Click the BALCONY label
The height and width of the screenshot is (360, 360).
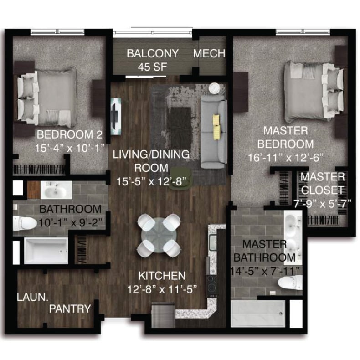(152, 53)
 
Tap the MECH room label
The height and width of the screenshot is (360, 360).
(209, 53)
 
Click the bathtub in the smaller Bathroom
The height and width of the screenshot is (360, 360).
(46, 250)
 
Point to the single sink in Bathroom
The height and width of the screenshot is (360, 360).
(56, 190)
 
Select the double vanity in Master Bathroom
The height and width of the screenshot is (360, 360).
(292, 234)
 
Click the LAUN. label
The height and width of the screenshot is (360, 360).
(31, 297)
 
